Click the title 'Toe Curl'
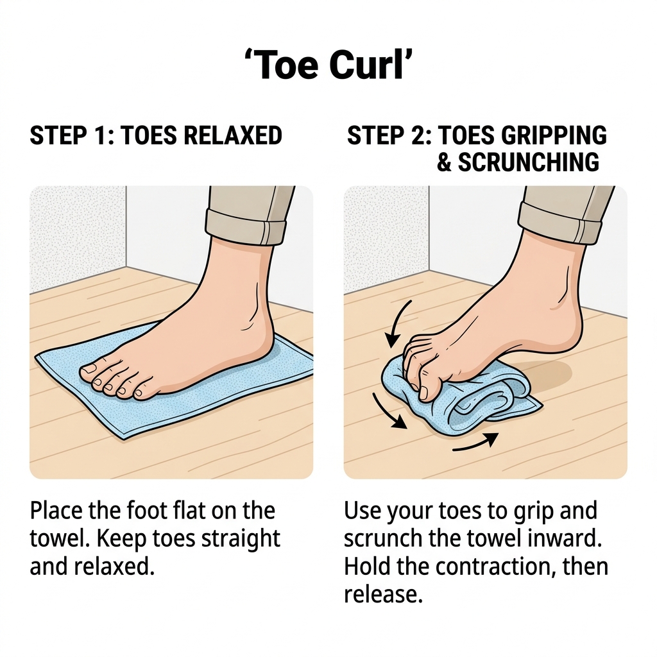click(328, 65)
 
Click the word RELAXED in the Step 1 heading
click(233, 135)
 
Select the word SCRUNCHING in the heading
click(529, 162)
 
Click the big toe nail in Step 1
click(88, 369)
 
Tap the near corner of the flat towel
click(123, 438)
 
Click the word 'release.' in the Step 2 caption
click(383, 594)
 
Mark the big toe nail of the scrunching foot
click(424, 393)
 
